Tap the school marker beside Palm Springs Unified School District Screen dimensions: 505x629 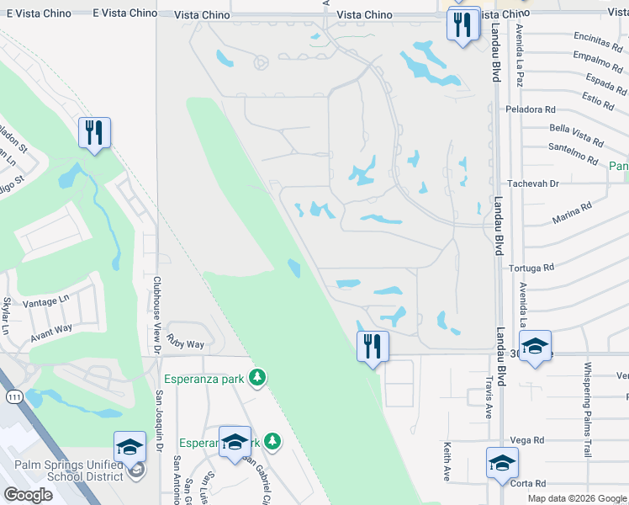[130, 447]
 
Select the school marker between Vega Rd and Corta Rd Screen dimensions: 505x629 [502, 463]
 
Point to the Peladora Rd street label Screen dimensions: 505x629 [531, 109]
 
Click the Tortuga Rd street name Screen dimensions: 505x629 [531, 268]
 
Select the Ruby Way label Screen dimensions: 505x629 [184, 344]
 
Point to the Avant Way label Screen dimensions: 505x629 [52, 332]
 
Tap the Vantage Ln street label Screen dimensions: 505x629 [47, 300]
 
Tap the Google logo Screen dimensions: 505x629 [28, 495]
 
